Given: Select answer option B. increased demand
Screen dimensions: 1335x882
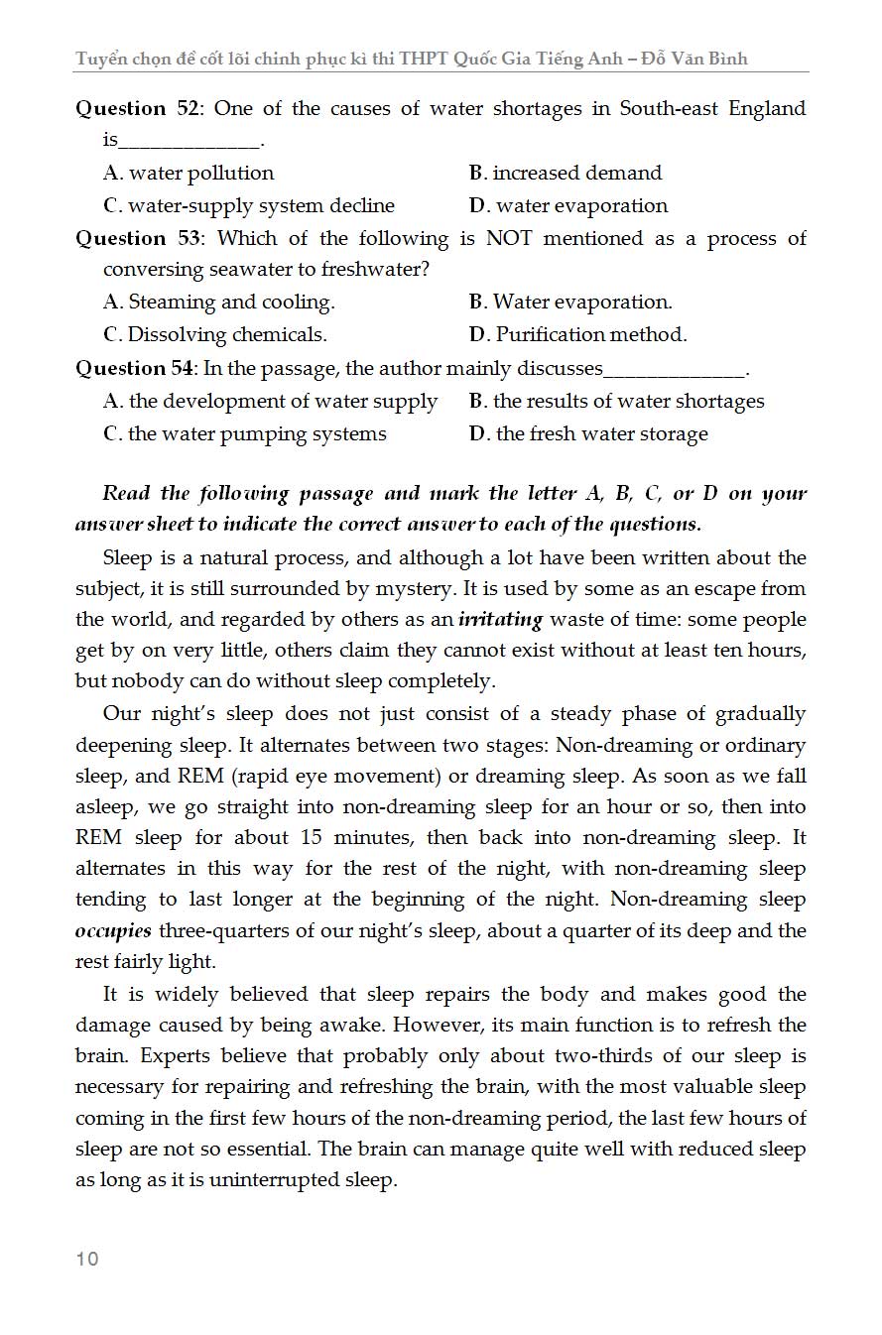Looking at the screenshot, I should pos(565,173).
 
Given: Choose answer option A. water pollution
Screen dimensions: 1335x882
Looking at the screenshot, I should pos(189,173).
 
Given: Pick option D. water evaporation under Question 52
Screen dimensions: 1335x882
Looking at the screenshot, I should pos(568,205).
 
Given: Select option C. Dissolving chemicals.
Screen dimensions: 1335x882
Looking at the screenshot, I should pos(215,334).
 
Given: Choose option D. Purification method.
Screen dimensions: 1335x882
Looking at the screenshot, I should pos(577,334).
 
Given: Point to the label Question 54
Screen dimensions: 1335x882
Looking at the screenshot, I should pos(135,368).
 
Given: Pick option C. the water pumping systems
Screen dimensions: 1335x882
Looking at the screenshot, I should pos(245,433).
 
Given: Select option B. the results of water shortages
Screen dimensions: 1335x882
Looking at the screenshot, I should pos(616,401).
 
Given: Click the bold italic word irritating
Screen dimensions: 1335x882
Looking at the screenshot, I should pos(500,620).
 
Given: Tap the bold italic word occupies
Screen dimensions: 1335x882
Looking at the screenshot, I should pos(113,931).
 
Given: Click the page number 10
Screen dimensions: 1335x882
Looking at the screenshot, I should pos(87,1259).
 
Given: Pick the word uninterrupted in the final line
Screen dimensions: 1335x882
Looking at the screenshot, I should pos(276,1180).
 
